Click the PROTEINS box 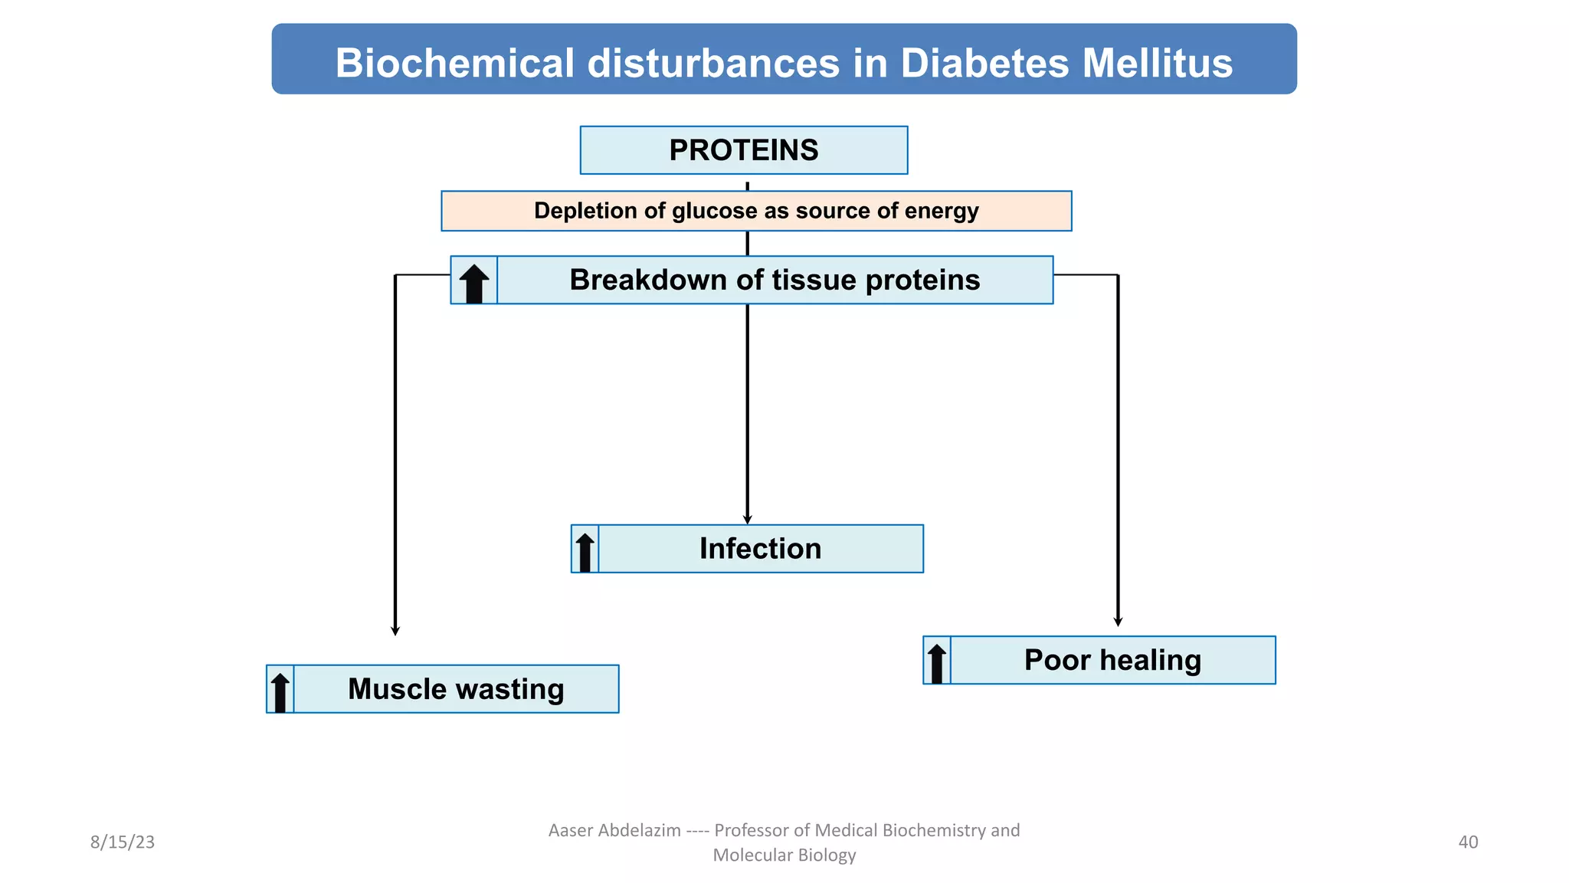(x=743, y=150)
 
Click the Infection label (x=760, y=549)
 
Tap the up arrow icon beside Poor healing (x=936, y=662)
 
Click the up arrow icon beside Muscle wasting (x=280, y=691)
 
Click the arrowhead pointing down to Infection (x=748, y=520)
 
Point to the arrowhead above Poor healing (x=1118, y=622)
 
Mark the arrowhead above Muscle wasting (x=395, y=631)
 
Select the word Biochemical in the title (x=454, y=63)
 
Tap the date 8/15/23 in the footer (x=123, y=842)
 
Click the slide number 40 (x=1468, y=842)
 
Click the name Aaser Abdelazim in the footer (x=614, y=830)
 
